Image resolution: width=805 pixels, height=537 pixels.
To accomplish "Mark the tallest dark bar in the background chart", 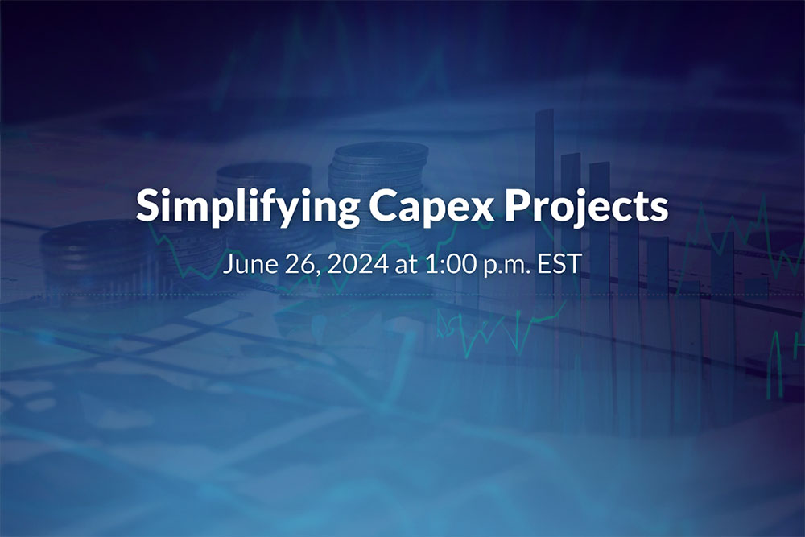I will coord(544,201).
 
